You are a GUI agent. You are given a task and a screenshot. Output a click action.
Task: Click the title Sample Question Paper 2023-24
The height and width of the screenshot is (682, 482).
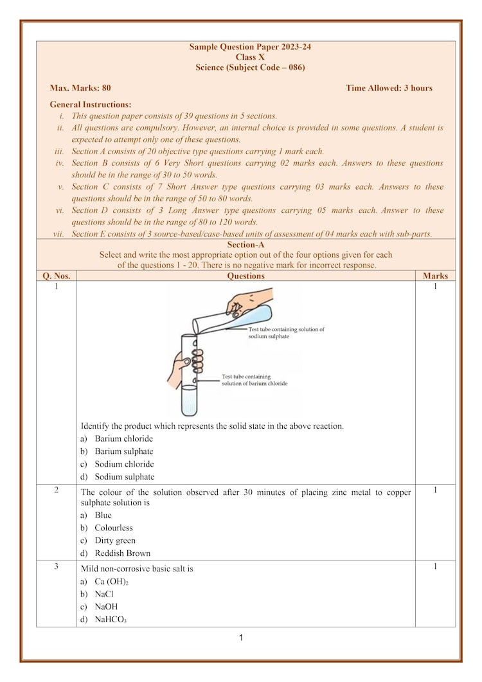pyautogui.click(x=245, y=47)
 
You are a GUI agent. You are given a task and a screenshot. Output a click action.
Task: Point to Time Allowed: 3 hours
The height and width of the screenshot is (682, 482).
pyautogui.click(x=389, y=88)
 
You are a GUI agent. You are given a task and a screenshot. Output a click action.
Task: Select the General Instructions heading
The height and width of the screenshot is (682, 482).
pyautogui.click(x=91, y=104)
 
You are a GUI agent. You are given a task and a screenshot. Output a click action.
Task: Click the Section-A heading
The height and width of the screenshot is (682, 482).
pyautogui.click(x=245, y=245)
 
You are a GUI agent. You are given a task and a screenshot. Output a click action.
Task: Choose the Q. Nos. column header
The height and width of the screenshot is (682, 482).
pyautogui.click(x=57, y=276)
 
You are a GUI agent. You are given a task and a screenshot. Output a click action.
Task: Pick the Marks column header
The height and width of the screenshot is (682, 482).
pyautogui.click(x=435, y=276)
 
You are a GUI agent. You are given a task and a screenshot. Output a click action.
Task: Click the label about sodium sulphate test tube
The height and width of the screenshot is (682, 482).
pyautogui.click(x=286, y=333)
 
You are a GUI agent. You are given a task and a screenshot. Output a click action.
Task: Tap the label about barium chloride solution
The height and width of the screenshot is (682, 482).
pyautogui.click(x=254, y=380)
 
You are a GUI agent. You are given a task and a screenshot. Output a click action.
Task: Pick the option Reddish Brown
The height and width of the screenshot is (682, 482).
pyautogui.click(x=122, y=553)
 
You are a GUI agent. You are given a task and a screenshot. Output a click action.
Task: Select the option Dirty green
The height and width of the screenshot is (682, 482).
pyautogui.click(x=115, y=541)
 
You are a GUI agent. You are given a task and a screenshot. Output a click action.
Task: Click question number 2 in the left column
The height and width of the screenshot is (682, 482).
pyautogui.click(x=57, y=490)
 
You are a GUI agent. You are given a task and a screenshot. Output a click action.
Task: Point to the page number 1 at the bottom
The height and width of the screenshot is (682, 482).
pyautogui.click(x=241, y=638)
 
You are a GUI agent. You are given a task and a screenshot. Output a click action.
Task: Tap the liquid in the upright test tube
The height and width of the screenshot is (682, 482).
pyautogui.click(x=190, y=402)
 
